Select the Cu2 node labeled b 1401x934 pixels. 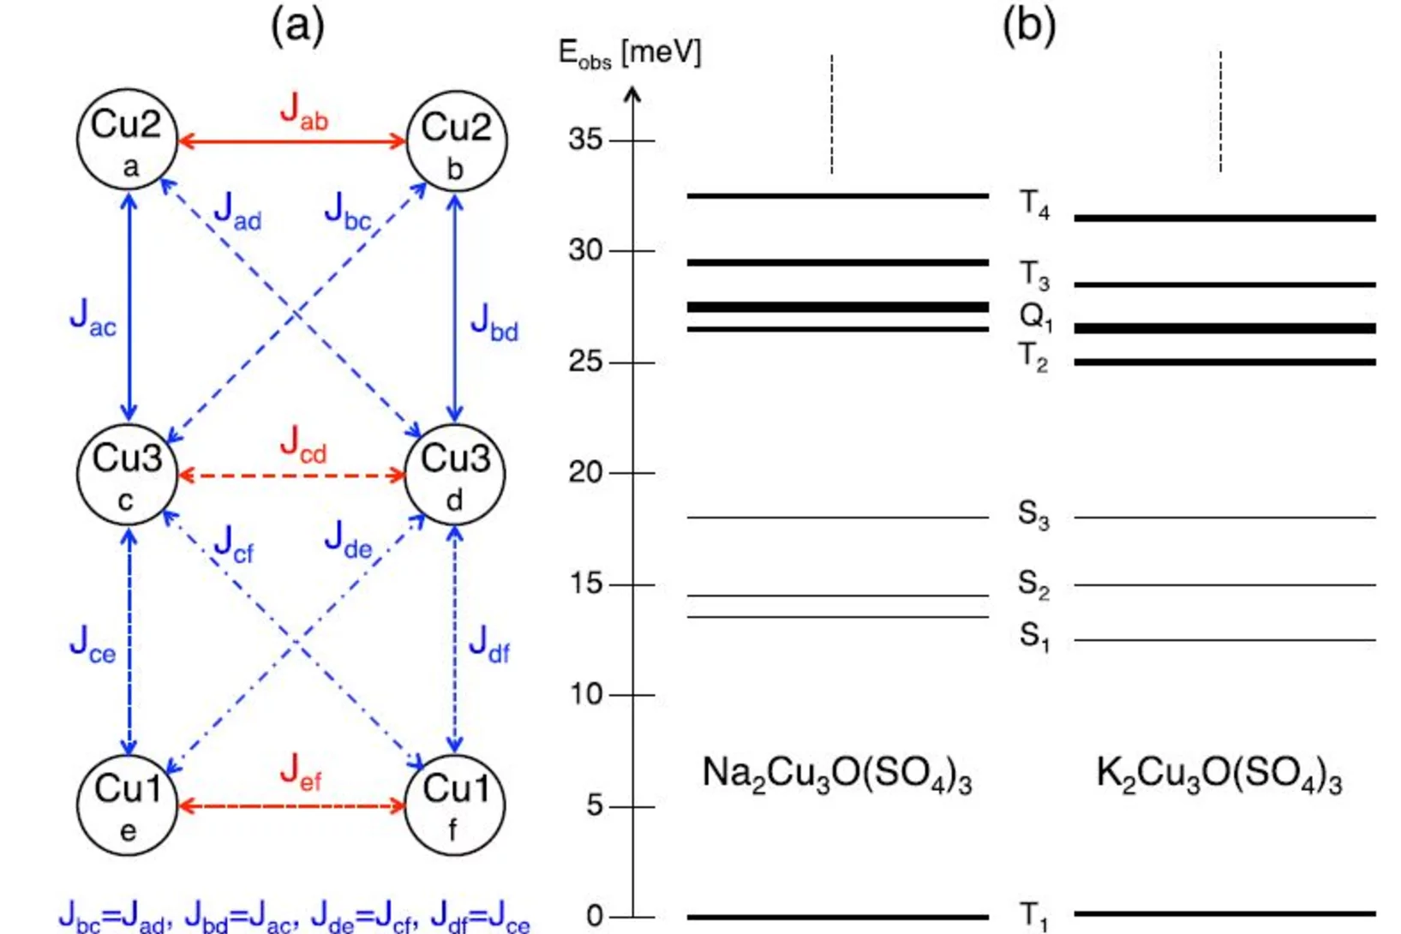click(456, 141)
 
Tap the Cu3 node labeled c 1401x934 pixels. click(127, 474)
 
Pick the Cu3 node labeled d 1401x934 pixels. click(455, 474)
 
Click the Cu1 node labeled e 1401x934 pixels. click(127, 805)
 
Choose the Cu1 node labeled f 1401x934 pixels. click(455, 805)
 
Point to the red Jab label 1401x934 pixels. click(303, 111)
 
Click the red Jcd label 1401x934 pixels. click(303, 445)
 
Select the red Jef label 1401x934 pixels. click(301, 772)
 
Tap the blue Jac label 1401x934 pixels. click(93, 319)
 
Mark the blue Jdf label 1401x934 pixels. click(489, 644)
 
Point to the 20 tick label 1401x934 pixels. click(586, 472)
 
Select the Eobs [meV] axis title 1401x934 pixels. click(630, 53)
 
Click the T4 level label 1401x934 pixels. click(1033, 205)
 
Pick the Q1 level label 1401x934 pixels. click(1035, 318)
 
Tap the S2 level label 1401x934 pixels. click(1033, 584)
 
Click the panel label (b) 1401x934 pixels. click(1028, 26)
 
